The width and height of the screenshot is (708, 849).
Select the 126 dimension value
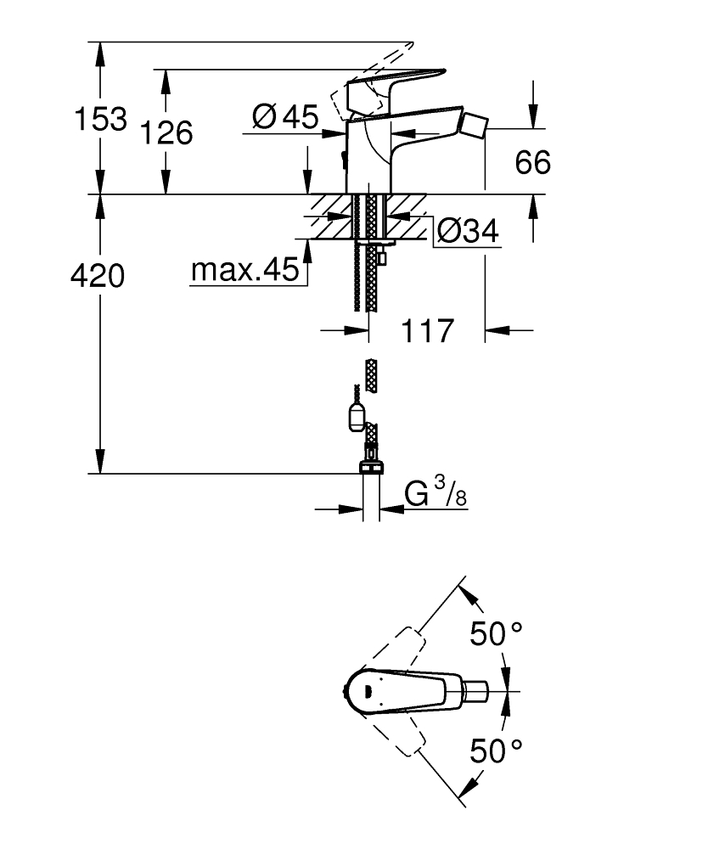pyautogui.click(x=166, y=132)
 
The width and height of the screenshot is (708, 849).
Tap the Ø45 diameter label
pyautogui.click(x=285, y=116)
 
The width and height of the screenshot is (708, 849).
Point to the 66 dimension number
pyautogui.click(x=533, y=161)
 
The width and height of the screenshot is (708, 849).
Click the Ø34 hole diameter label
pyautogui.click(x=465, y=230)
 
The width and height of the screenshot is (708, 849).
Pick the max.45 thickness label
pyautogui.click(x=244, y=271)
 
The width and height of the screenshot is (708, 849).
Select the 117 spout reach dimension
pyautogui.click(x=426, y=330)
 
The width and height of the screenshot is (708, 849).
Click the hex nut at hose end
pyautogui.click(x=371, y=467)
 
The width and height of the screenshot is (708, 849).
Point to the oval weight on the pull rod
pyautogui.click(x=357, y=418)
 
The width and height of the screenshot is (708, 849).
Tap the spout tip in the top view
pyautogui.click(x=477, y=690)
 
